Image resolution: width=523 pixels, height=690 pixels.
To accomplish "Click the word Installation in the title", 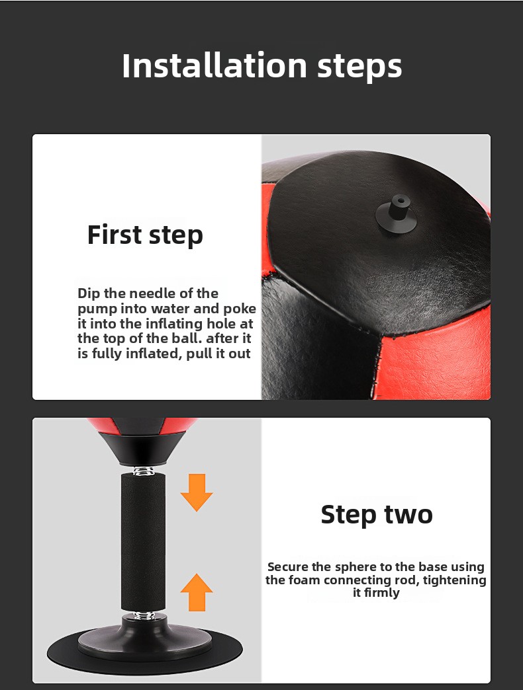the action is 214,65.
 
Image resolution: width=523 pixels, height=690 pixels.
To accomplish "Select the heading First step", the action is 145,235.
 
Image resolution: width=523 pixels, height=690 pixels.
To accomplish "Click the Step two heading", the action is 377,514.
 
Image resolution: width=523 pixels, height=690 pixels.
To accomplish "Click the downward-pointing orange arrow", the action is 197,492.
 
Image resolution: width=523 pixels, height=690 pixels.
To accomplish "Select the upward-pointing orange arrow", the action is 197,592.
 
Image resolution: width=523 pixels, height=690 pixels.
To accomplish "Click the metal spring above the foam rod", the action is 144,471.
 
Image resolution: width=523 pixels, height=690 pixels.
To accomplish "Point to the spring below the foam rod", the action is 144,615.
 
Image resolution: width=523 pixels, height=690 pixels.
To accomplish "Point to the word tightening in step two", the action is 455,580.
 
